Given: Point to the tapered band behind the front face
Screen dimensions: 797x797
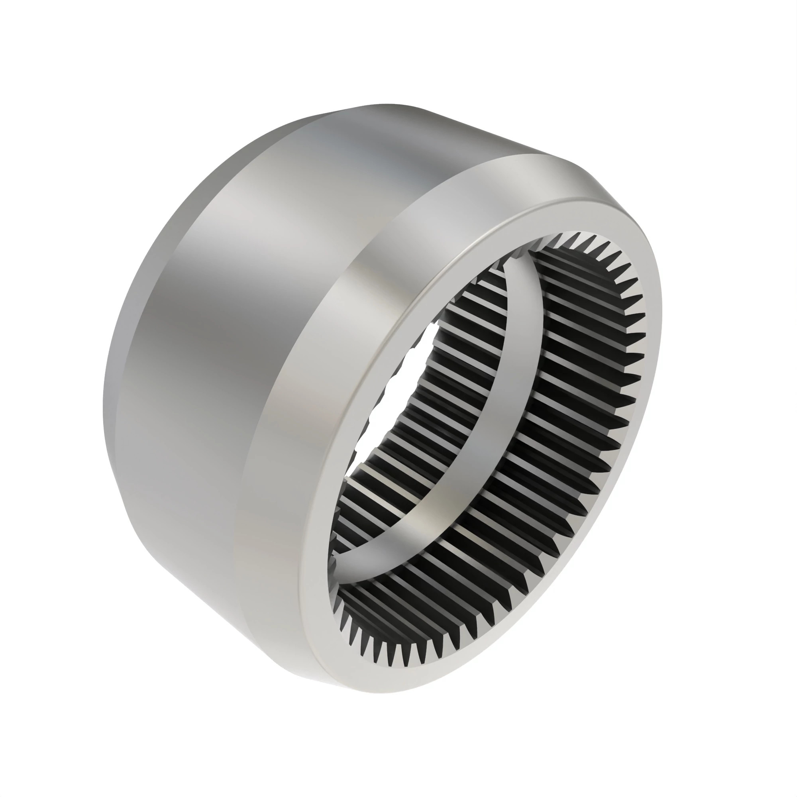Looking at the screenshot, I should point(314,371).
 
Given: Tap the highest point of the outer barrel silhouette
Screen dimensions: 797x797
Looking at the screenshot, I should point(388,104).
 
